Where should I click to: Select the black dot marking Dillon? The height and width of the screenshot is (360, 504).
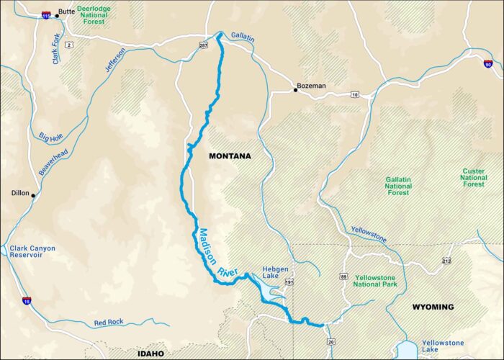coord(33,195)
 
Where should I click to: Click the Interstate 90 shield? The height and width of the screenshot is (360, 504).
coord(488,65)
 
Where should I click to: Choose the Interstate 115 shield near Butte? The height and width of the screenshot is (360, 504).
coord(46,14)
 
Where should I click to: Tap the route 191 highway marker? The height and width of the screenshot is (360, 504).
coord(289,284)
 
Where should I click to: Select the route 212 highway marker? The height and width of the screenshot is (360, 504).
coord(446,261)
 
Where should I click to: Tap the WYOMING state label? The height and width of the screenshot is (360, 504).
coord(433,307)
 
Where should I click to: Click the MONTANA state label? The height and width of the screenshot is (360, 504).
coord(230,156)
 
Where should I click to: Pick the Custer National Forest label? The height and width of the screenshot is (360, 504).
coord(473,177)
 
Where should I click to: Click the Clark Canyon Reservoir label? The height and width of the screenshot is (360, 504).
coord(32,251)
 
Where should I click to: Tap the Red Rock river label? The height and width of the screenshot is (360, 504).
coord(109,323)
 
